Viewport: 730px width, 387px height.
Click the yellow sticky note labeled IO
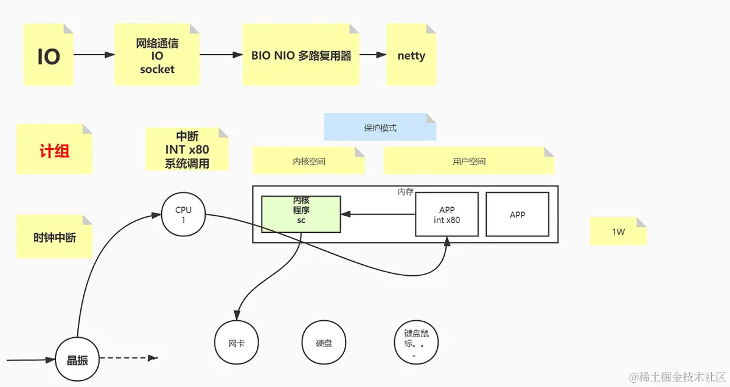[49, 55]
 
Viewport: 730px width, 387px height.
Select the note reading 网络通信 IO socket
[157, 55]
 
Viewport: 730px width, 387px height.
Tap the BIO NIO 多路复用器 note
[301, 55]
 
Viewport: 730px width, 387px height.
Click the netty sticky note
[411, 55]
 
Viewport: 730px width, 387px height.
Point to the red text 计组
[54, 151]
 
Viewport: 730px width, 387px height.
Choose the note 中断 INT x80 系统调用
[187, 149]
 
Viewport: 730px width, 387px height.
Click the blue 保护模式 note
[380, 128]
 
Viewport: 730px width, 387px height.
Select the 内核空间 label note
[308, 162]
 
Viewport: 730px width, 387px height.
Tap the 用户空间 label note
[468, 162]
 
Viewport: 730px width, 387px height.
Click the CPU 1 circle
[183, 214]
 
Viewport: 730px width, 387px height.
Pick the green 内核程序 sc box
[301, 214]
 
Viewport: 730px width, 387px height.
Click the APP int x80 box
[447, 214]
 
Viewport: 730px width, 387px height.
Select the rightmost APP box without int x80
[517, 214]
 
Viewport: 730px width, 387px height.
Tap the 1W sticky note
[618, 231]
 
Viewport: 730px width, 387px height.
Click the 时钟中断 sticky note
[54, 238]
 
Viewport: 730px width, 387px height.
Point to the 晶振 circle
[77, 360]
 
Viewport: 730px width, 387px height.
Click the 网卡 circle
[237, 343]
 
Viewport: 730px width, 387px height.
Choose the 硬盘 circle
[324, 343]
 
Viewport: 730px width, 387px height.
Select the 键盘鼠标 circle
[416, 343]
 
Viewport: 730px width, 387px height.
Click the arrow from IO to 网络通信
[94, 55]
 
